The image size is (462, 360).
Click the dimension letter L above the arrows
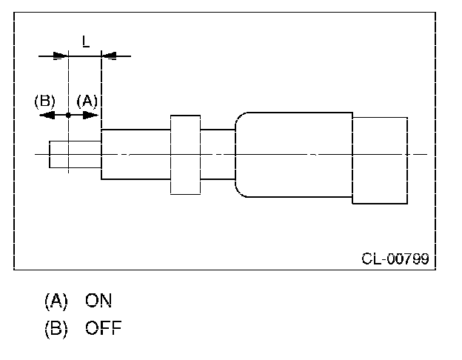pos(85,42)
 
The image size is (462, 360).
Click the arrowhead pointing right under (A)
pos(92,116)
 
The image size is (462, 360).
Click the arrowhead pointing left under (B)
pos(44,116)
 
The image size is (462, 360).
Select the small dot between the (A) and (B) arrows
pos(68,116)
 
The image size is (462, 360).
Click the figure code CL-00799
pos(395,259)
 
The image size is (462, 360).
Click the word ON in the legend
pos(98,301)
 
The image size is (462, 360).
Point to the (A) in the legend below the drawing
pos(56,301)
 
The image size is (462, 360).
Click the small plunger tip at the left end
pos(75,155)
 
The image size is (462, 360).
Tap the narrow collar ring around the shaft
pos(185,154)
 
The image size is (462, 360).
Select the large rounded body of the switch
pos(293,154)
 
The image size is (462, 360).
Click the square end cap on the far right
pos(379,159)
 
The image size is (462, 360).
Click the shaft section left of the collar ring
pos(135,154)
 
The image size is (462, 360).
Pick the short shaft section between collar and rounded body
pos(218,154)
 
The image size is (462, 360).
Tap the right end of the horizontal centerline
pos(425,154)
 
